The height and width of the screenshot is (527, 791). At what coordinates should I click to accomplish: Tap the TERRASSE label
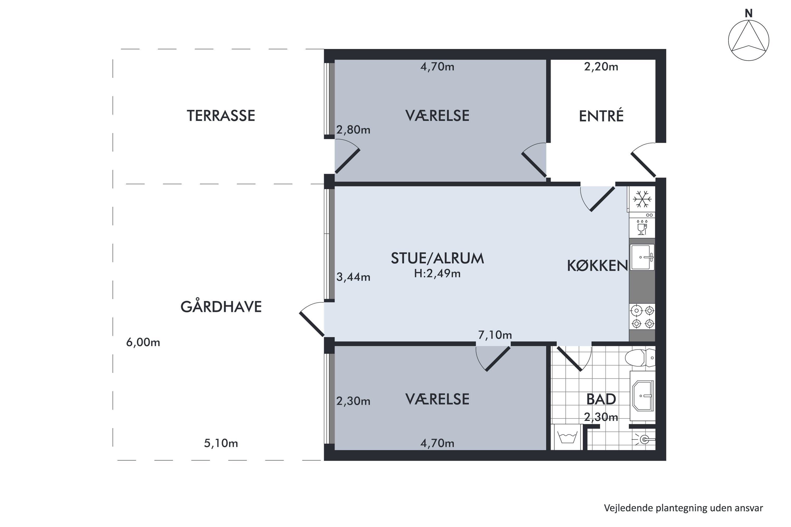pos(221,116)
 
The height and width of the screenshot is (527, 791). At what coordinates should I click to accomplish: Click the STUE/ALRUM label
pos(437,258)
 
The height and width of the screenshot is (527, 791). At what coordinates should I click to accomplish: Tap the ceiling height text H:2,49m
pos(437,274)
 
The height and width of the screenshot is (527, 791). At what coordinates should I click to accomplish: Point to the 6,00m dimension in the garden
pos(143,343)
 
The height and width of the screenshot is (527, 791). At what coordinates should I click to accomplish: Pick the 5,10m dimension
pos(221,443)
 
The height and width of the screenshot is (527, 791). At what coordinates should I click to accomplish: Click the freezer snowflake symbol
pos(642,199)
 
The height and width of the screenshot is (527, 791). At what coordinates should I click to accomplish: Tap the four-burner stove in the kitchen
pos(642,316)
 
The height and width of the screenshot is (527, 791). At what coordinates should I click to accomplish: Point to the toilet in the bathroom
pos(640,358)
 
